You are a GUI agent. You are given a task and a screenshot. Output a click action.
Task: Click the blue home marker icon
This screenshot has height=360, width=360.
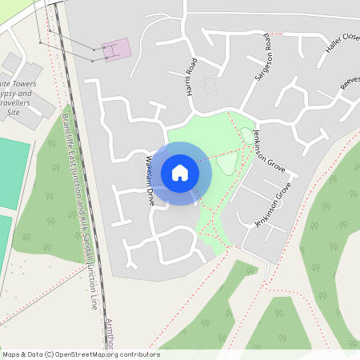[x=180, y=173]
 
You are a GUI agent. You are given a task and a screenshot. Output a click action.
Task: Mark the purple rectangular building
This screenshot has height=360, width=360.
[x=115, y=50]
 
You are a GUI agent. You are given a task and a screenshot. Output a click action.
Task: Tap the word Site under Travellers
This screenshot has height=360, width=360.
[x=12, y=114]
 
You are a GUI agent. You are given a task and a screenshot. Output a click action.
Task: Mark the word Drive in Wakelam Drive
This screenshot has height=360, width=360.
[x=150, y=197]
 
